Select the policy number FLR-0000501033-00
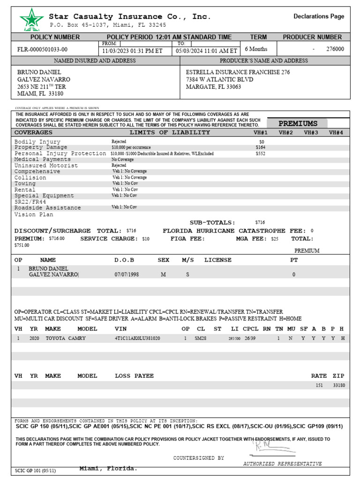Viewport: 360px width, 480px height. [42, 49]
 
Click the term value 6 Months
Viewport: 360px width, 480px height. [256, 49]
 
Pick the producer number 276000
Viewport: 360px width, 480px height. [335, 49]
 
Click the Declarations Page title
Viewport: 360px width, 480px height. [319, 16]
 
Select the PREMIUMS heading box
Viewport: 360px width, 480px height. [298, 124]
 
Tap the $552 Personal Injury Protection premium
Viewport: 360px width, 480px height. [260, 153]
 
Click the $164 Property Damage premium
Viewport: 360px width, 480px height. [260, 147]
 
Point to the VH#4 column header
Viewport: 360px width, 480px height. [336, 133]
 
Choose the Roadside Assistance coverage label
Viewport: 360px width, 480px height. [47, 208]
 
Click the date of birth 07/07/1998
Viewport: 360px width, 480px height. [127, 275]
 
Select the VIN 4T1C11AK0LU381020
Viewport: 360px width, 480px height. [137, 338]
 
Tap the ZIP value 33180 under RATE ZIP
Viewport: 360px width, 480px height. [338, 385]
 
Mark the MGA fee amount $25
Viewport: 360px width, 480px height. [275, 239]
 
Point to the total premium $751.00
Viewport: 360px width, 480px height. [22, 245]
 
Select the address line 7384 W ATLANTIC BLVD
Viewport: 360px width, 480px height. [219, 80]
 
